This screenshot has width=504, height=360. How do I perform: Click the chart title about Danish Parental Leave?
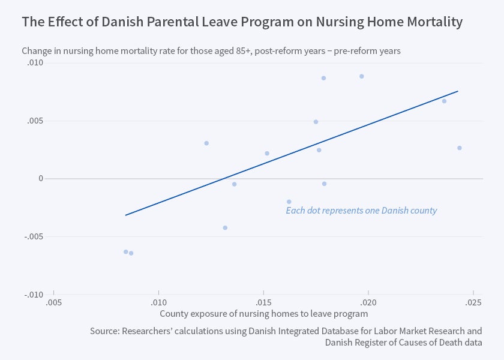click(x=242, y=22)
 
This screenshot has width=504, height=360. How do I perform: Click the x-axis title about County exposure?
click(x=263, y=313)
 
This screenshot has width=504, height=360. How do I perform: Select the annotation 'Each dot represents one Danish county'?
click(x=361, y=211)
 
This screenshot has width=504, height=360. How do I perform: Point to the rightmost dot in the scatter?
click(x=460, y=148)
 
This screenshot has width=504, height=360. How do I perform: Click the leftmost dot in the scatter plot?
click(x=126, y=252)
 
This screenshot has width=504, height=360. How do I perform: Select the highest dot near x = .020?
click(x=362, y=76)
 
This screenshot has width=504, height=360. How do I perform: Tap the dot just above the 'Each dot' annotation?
click(x=289, y=202)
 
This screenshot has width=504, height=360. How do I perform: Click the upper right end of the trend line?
click(x=458, y=91)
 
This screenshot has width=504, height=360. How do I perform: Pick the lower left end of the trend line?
click(x=125, y=215)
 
